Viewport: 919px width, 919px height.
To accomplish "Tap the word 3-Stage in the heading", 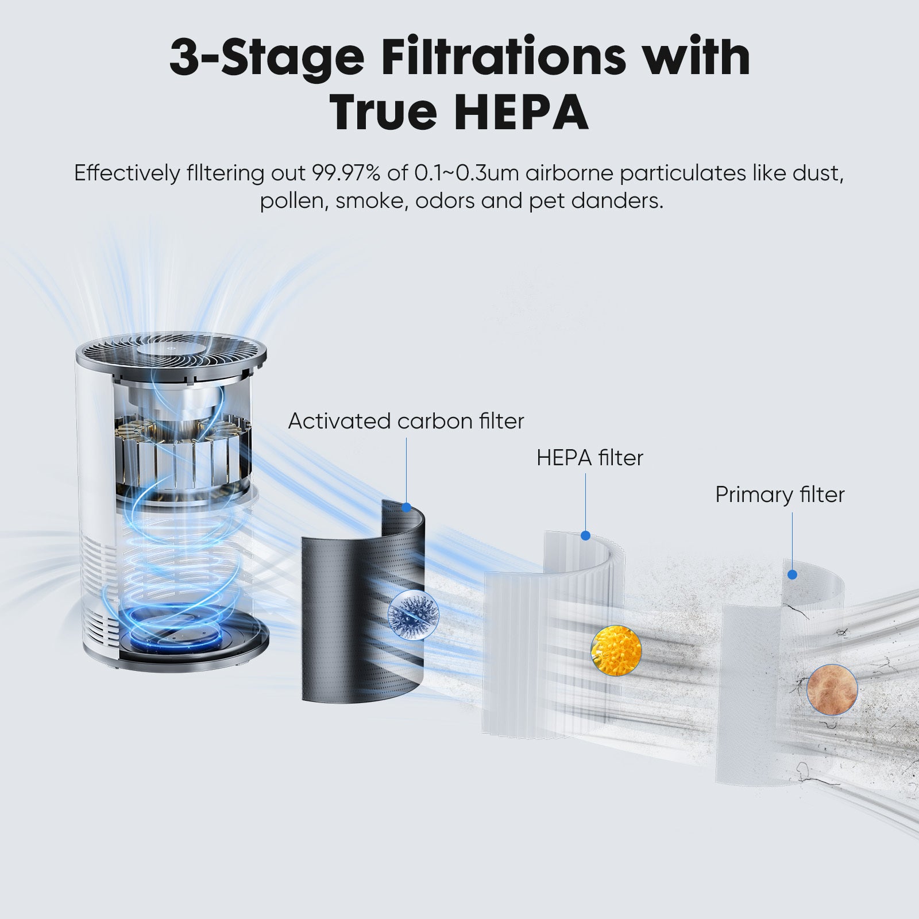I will [x=267, y=57].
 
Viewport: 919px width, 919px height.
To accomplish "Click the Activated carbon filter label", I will [x=406, y=421].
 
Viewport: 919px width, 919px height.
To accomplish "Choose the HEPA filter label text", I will [x=590, y=458].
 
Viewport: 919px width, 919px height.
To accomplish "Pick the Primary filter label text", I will [x=779, y=495].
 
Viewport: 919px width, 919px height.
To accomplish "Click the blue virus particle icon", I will [x=412, y=612].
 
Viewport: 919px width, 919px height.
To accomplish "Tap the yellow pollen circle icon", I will [x=616, y=651].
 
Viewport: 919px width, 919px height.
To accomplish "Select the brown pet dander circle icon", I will [x=832, y=690].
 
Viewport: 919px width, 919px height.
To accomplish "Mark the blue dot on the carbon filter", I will [x=407, y=508].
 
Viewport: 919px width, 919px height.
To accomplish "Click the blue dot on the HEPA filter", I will [x=585, y=536].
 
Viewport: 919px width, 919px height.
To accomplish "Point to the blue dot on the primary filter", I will [x=793, y=574].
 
